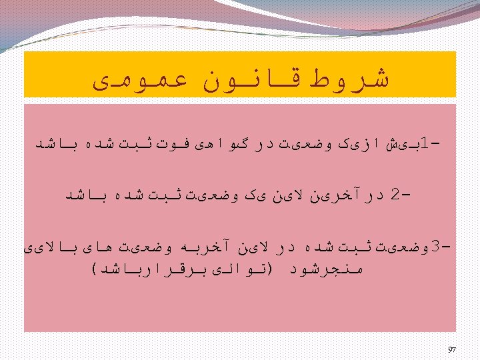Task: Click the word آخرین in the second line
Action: (x=329, y=195)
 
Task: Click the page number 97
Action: (x=451, y=349)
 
